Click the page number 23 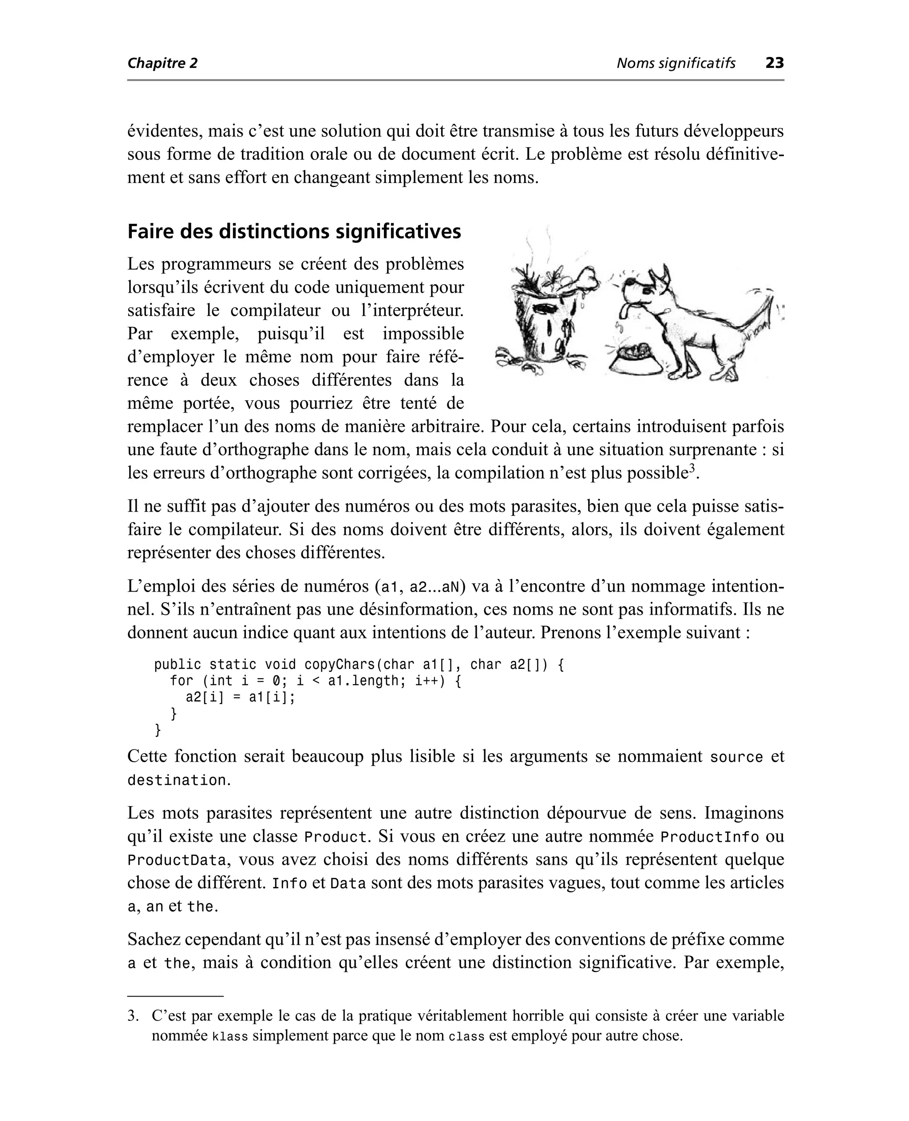pyautogui.click(x=775, y=64)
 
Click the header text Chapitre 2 pyautogui.click(x=162, y=64)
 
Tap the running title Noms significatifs pyautogui.click(x=676, y=64)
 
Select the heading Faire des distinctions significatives pyautogui.click(x=294, y=231)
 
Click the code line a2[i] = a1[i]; pyautogui.click(x=240, y=697)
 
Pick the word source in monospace pyautogui.click(x=736, y=757)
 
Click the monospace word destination pyautogui.click(x=177, y=780)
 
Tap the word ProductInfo pyautogui.click(x=710, y=837)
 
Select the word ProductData pyautogui.click(x=177, y=861)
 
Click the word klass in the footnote pyautogui.click(x=230, y=1036)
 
